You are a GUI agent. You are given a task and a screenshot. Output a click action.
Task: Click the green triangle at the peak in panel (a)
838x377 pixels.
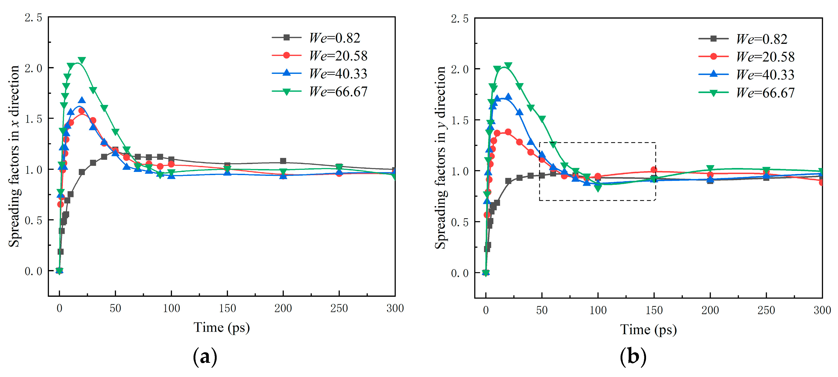tap(82, 60)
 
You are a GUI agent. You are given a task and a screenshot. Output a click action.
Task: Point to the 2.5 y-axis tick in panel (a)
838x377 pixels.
tap(33, 18)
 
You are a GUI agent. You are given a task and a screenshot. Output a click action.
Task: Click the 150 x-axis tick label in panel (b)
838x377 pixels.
tap(654, 310)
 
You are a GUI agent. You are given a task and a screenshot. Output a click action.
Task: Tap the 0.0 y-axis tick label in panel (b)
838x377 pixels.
tap(460, 273)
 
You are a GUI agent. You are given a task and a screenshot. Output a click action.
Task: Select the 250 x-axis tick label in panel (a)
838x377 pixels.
tap(339, 308)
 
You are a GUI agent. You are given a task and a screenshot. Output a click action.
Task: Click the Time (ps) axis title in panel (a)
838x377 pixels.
tap(222, 328)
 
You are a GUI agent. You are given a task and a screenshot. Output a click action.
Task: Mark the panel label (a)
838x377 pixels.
tap(205, 357)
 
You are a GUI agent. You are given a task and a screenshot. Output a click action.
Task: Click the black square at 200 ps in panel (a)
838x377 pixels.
tap(283, 161)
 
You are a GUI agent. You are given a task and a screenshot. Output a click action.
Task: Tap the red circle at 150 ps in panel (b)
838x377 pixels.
tap(654, 170)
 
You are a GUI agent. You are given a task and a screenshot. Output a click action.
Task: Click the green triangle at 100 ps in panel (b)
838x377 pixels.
tap(598, 188)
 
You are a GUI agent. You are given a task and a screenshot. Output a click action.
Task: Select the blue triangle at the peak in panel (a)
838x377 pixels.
tap(82, 100)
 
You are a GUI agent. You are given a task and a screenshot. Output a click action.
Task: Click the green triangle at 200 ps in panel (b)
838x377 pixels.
tap(710, 169)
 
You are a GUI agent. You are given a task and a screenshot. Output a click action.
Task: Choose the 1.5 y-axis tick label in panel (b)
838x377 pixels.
tap(460, 121)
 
